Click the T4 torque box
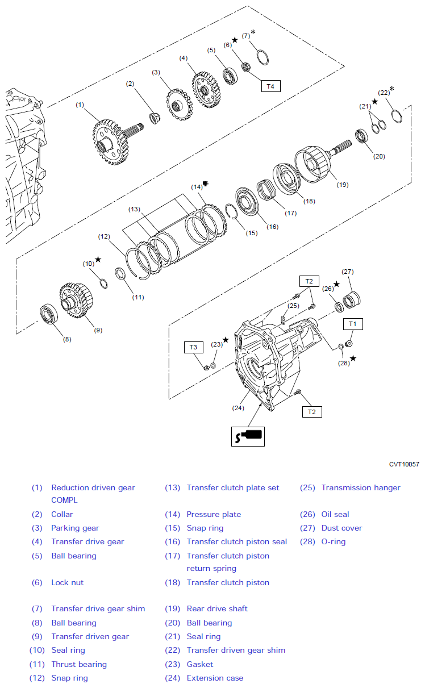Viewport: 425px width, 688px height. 270,86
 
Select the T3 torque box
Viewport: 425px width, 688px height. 193,347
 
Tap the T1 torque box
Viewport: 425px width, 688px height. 353,324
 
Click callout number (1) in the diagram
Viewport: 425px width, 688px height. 80,105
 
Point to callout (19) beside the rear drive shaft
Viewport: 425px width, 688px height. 343,185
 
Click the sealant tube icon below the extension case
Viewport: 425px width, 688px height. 248,436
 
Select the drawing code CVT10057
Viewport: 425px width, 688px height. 404,464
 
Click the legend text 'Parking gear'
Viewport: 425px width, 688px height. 75,528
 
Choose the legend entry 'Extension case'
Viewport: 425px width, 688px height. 215,678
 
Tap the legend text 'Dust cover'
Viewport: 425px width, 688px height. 342,528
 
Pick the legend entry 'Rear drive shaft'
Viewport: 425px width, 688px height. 217,608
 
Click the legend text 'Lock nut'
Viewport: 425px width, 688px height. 67,583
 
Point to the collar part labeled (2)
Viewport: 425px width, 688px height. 155,118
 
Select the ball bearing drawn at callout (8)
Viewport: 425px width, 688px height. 49,314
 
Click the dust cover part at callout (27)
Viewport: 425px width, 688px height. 351,300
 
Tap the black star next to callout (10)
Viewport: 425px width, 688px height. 98,259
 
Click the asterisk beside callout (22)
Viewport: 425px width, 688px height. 392,89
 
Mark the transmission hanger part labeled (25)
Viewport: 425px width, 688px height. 283,320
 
